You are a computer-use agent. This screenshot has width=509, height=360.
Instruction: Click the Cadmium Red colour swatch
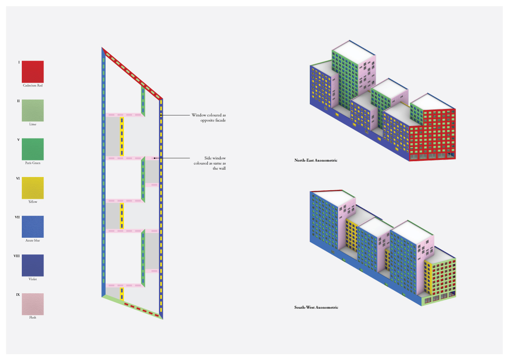(x=32, y=71)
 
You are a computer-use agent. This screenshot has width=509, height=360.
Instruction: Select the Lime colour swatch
(x=32, y=110)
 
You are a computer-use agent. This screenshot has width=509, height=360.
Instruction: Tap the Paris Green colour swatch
(x=32, y=149)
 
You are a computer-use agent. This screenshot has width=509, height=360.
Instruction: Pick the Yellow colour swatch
(x=32, y=188)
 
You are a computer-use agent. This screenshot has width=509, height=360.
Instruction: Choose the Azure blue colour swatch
(x=32, y=227)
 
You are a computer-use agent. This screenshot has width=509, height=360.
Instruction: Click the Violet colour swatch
(x=32, y=265)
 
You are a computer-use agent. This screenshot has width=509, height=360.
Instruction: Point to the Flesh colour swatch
(x=32, y=304)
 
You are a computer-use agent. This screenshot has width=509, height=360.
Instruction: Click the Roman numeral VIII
(x=17, y=256)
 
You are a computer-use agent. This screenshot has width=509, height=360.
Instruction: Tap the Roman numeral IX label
(x=18, y=295)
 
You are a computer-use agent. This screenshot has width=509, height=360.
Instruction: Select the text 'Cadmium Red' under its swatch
(x=32, y=86)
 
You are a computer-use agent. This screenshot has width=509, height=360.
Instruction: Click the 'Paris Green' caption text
(x=32, y=163)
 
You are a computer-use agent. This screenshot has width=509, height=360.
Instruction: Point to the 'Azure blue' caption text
(x=32, y=241)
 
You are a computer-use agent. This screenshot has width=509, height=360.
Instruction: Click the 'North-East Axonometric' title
(x=316, y=160)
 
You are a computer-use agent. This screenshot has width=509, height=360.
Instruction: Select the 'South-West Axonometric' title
(x=316, y=307)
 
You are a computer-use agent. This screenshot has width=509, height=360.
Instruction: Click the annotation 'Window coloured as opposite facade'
(x=208, y=118)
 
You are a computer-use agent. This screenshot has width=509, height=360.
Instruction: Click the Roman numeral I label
(x=19, y=62)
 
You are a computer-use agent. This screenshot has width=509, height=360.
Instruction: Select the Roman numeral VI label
(x=18, y=178)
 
